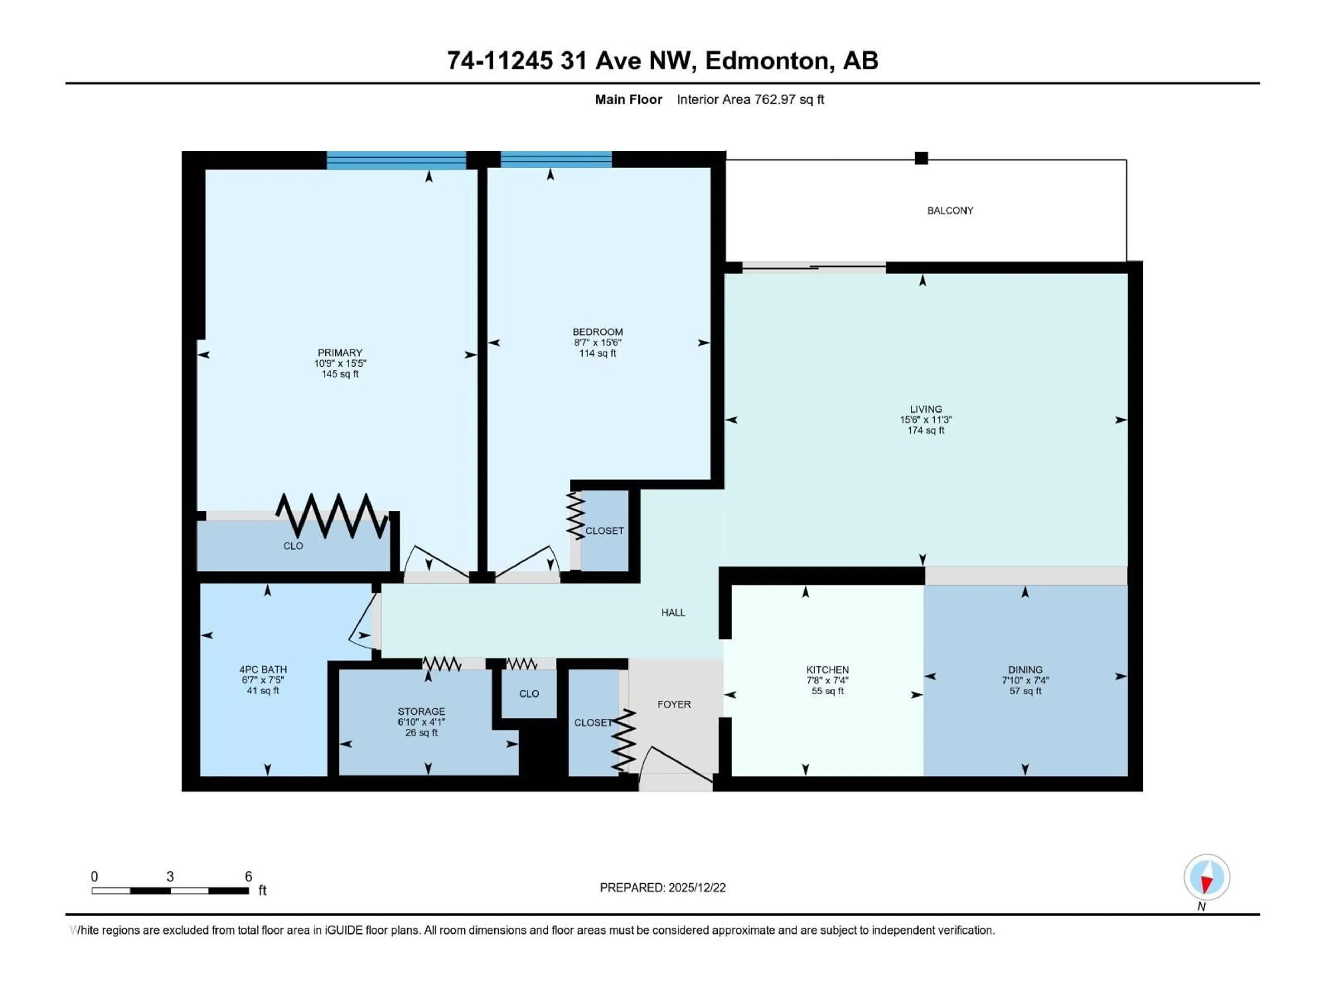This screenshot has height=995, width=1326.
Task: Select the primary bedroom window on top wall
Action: (x=396, y=160)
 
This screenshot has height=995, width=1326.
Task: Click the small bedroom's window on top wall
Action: (x=556, y=159)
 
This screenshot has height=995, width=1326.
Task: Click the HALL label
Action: (x=673, y=612)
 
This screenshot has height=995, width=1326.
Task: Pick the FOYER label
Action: (x=674, y=704)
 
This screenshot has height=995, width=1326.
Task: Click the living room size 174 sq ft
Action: (x=925, y=430)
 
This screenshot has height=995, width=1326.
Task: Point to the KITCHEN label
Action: (x=827, y=669)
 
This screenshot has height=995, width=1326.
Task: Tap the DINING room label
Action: (x=1025, y=669)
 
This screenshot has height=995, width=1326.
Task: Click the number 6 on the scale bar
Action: (x=248, y=876)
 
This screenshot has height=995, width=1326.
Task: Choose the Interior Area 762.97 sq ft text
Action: (x=750, y=99)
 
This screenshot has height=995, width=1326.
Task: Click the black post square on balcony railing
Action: (x=921, y=158)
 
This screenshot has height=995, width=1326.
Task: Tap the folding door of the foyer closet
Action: (x=623, y=741)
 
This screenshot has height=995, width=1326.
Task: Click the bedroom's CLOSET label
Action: (x=604, y=531)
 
